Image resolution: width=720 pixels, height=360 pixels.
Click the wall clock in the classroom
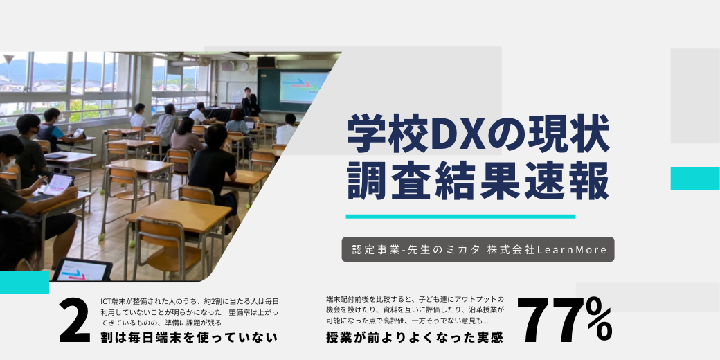click(244, 66)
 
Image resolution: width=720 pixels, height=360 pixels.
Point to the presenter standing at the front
click(250, 102)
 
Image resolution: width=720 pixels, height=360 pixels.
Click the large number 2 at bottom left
click(75, 321)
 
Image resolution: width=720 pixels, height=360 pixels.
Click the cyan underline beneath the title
click(460, 216)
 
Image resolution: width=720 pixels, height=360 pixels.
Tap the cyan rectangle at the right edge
click(695, 178)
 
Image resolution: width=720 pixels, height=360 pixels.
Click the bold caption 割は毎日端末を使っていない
click(189, 338)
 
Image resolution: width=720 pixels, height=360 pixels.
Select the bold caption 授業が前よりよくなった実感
click(415, 338)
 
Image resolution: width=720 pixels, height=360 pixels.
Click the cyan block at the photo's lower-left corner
click(24, 282)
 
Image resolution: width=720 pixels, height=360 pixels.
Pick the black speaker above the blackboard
click(267, 62)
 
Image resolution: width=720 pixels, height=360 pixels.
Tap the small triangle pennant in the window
click(8, 60)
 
